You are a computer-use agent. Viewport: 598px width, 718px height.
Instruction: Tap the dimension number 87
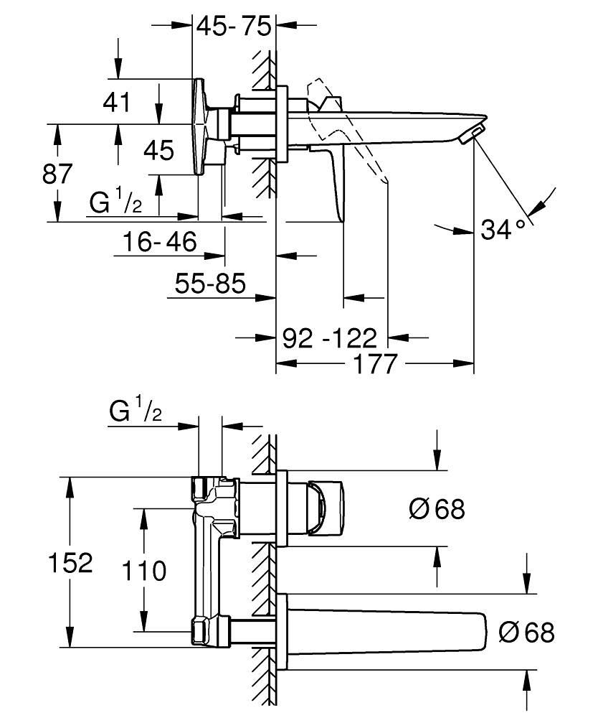(x=57, y=174)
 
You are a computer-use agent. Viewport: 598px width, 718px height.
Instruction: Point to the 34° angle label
(x=503, y=230)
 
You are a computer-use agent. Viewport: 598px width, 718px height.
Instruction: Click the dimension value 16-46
(x=158, y=242)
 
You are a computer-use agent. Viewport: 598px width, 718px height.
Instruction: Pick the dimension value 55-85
(x=211, y=284)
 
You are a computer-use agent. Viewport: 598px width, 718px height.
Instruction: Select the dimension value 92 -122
(x=329, y=337)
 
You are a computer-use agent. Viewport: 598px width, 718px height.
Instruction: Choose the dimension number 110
(x=143, y=571)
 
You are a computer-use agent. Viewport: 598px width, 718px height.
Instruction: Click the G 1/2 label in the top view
(x=115, y=203)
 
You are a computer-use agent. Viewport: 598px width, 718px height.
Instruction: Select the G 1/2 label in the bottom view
(x=136, y=411)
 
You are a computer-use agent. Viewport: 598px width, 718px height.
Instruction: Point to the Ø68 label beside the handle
(x=437, y=509)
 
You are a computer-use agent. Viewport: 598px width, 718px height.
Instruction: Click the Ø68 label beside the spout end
(x=526, y=632)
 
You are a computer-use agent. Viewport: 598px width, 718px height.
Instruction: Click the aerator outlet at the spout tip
(x=474, y=134)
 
